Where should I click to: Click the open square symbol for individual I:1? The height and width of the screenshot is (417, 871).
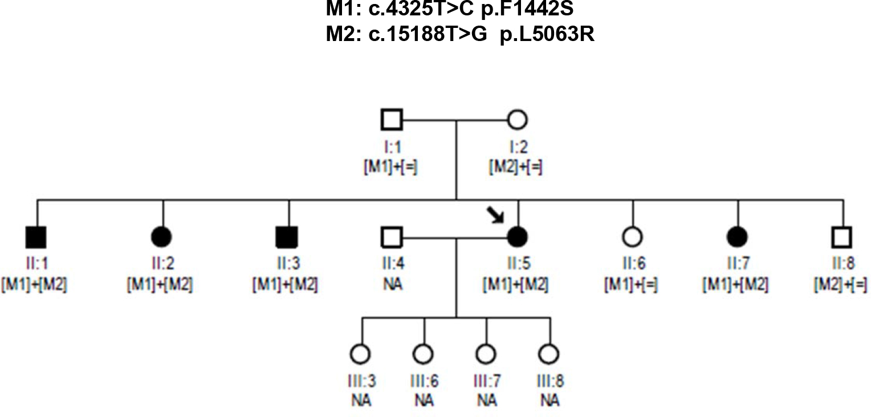[392, 120]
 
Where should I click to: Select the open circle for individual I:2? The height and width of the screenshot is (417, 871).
[516, 120]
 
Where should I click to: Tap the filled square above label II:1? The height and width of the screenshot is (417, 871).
[37, 236]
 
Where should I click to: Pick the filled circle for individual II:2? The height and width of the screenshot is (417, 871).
[163, 236]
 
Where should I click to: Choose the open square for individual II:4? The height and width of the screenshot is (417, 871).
[392, 236]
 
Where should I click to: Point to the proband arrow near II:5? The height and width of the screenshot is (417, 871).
[495, 216]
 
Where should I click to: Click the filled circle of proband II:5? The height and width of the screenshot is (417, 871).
[516, 236]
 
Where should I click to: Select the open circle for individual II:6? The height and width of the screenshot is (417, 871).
[632, 236]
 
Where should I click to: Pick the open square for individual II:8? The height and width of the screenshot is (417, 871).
[842, 236]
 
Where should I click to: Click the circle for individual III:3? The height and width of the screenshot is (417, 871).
[361, 354]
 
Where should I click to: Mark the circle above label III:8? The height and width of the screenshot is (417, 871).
[549, 354]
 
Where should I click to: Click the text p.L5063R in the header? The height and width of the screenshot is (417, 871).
[547, 35]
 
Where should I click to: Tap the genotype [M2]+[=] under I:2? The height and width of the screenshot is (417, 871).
[516, 168]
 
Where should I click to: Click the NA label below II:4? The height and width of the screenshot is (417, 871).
[391, 284]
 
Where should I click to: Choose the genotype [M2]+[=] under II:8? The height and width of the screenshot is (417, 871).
[842, 284]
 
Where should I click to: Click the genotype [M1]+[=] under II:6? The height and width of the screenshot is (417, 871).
[632, 284]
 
